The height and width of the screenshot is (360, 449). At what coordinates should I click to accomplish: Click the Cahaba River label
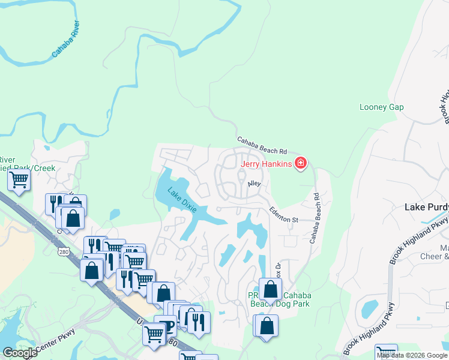coord(66,40)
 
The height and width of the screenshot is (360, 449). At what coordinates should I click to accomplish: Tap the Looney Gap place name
coord(381,107)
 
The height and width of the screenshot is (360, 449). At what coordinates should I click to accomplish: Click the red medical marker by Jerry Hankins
coord(301,163)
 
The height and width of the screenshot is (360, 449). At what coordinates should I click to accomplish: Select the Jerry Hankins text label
coord(266,164)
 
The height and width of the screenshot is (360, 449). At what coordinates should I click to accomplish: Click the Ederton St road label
coord(284,215)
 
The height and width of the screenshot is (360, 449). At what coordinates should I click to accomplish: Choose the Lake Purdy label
coord(423,206)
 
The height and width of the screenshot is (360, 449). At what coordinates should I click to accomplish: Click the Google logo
coord(19,352)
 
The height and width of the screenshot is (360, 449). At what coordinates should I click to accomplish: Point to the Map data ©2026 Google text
coord(411,355)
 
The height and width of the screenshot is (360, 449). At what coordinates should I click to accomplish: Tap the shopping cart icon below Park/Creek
coord(19,179)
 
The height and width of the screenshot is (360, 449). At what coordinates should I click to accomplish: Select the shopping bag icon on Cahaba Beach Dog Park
coord(271,289)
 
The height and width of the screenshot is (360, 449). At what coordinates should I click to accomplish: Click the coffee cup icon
coord(169,325)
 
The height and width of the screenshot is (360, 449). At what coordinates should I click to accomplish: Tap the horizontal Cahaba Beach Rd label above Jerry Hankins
coord(262,146)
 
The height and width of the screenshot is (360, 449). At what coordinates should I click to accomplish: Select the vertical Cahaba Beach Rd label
coord(315,217)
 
